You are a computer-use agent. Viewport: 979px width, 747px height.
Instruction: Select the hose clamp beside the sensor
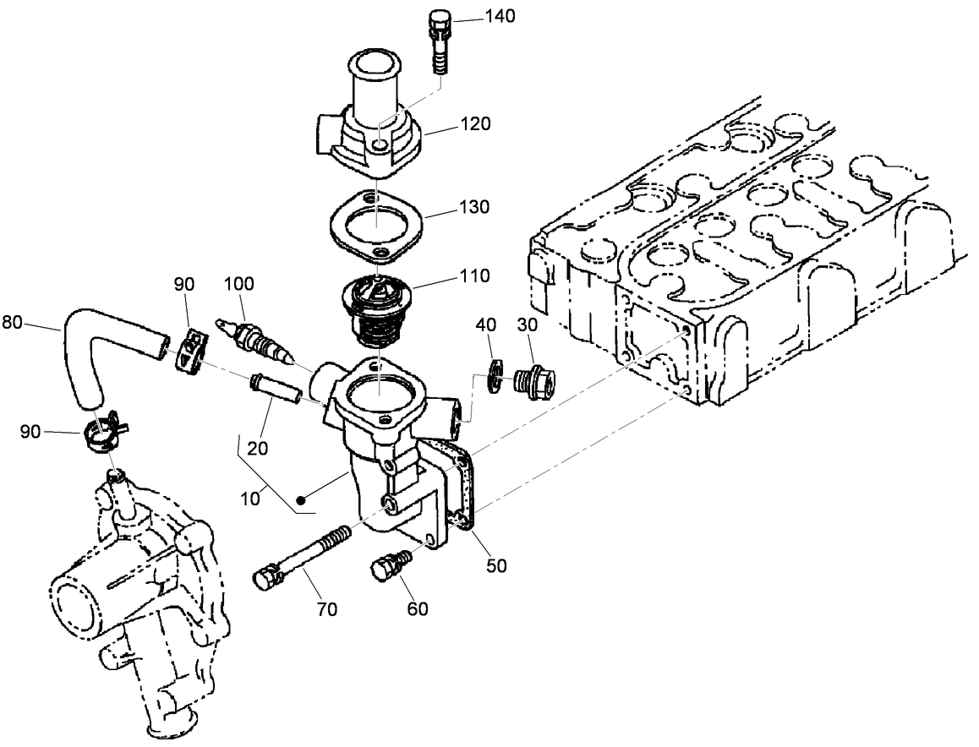click(x=191, y=348)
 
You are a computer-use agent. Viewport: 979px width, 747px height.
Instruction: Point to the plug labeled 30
click(x=535, y=384)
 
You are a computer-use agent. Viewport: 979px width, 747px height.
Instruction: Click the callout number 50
click(x=496, y=566)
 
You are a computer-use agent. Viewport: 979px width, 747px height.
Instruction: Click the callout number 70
click(x=326, y=608)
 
